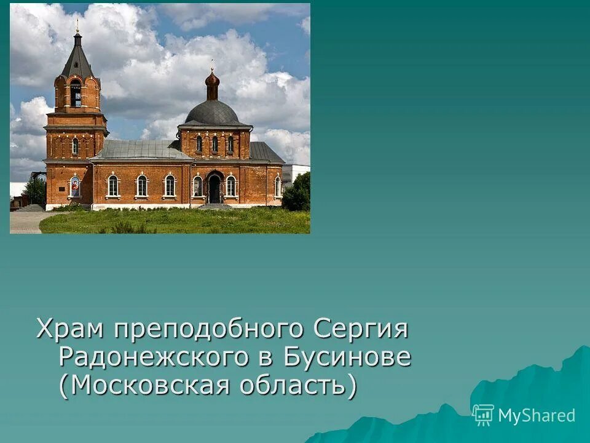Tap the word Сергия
pyautogui.click(x=361, y=329)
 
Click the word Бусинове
pyautogui.click(x=347, y=357)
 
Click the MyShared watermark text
pyautogui.click(x=537, y=415)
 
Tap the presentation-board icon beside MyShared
pyautogui.click(x=483, y=415)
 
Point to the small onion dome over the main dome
pyautogui.click(x=212, y=80)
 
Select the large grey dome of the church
pyautogui.click(x=212, y=113)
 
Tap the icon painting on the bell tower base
pyautogui.click(x=75, y=185)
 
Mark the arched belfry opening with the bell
pyautogui.click(x=76, y=94)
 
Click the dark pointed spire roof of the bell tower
pyautogui.click(x=77, y=58)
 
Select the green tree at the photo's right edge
pyautogui.click(x=297, y=194)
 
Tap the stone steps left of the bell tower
pyautogui.click(x=31, y=208)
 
